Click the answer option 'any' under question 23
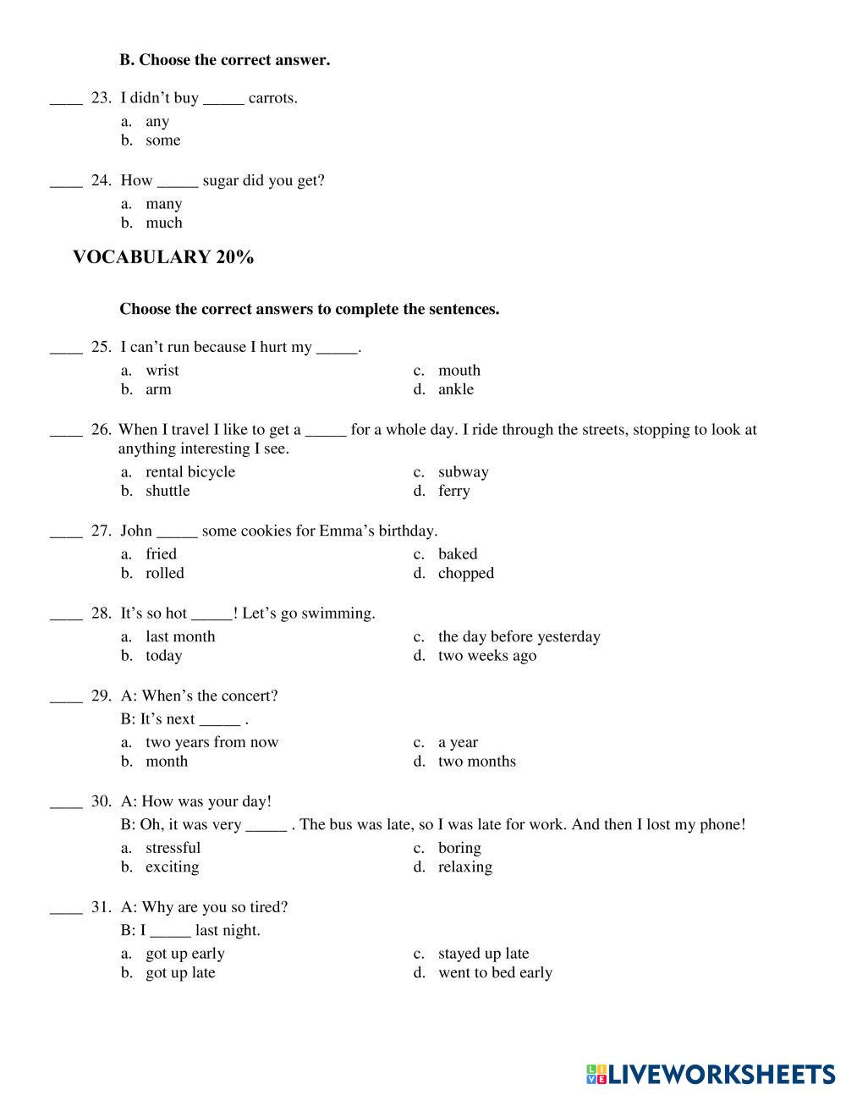pos(157,121)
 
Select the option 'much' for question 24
pos(163,223)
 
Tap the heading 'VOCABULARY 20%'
pos(163,257)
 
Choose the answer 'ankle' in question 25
pos(456,389)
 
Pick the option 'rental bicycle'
pos(190,471)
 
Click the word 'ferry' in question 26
pos(453,491)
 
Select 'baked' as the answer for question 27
pos(458,553)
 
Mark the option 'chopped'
pos(465,573)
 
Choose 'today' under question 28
pos(163,656)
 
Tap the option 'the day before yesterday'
pos(519,636)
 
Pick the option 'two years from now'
pos(211,742)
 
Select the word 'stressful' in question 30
pos(173,848)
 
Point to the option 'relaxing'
pos(464,867)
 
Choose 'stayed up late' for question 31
pos(483,954)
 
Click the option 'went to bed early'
pos(495,972)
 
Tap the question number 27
pos(101,531)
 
